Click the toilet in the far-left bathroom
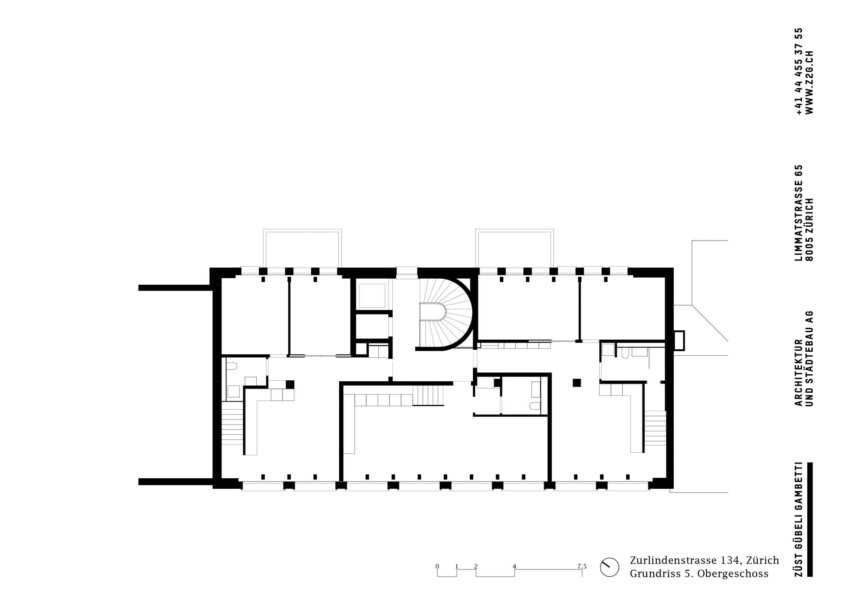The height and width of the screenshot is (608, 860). (x=232, y=365)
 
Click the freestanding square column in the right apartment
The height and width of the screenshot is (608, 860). (x=576, y=382)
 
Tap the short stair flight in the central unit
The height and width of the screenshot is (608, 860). (x=428, y=396)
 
